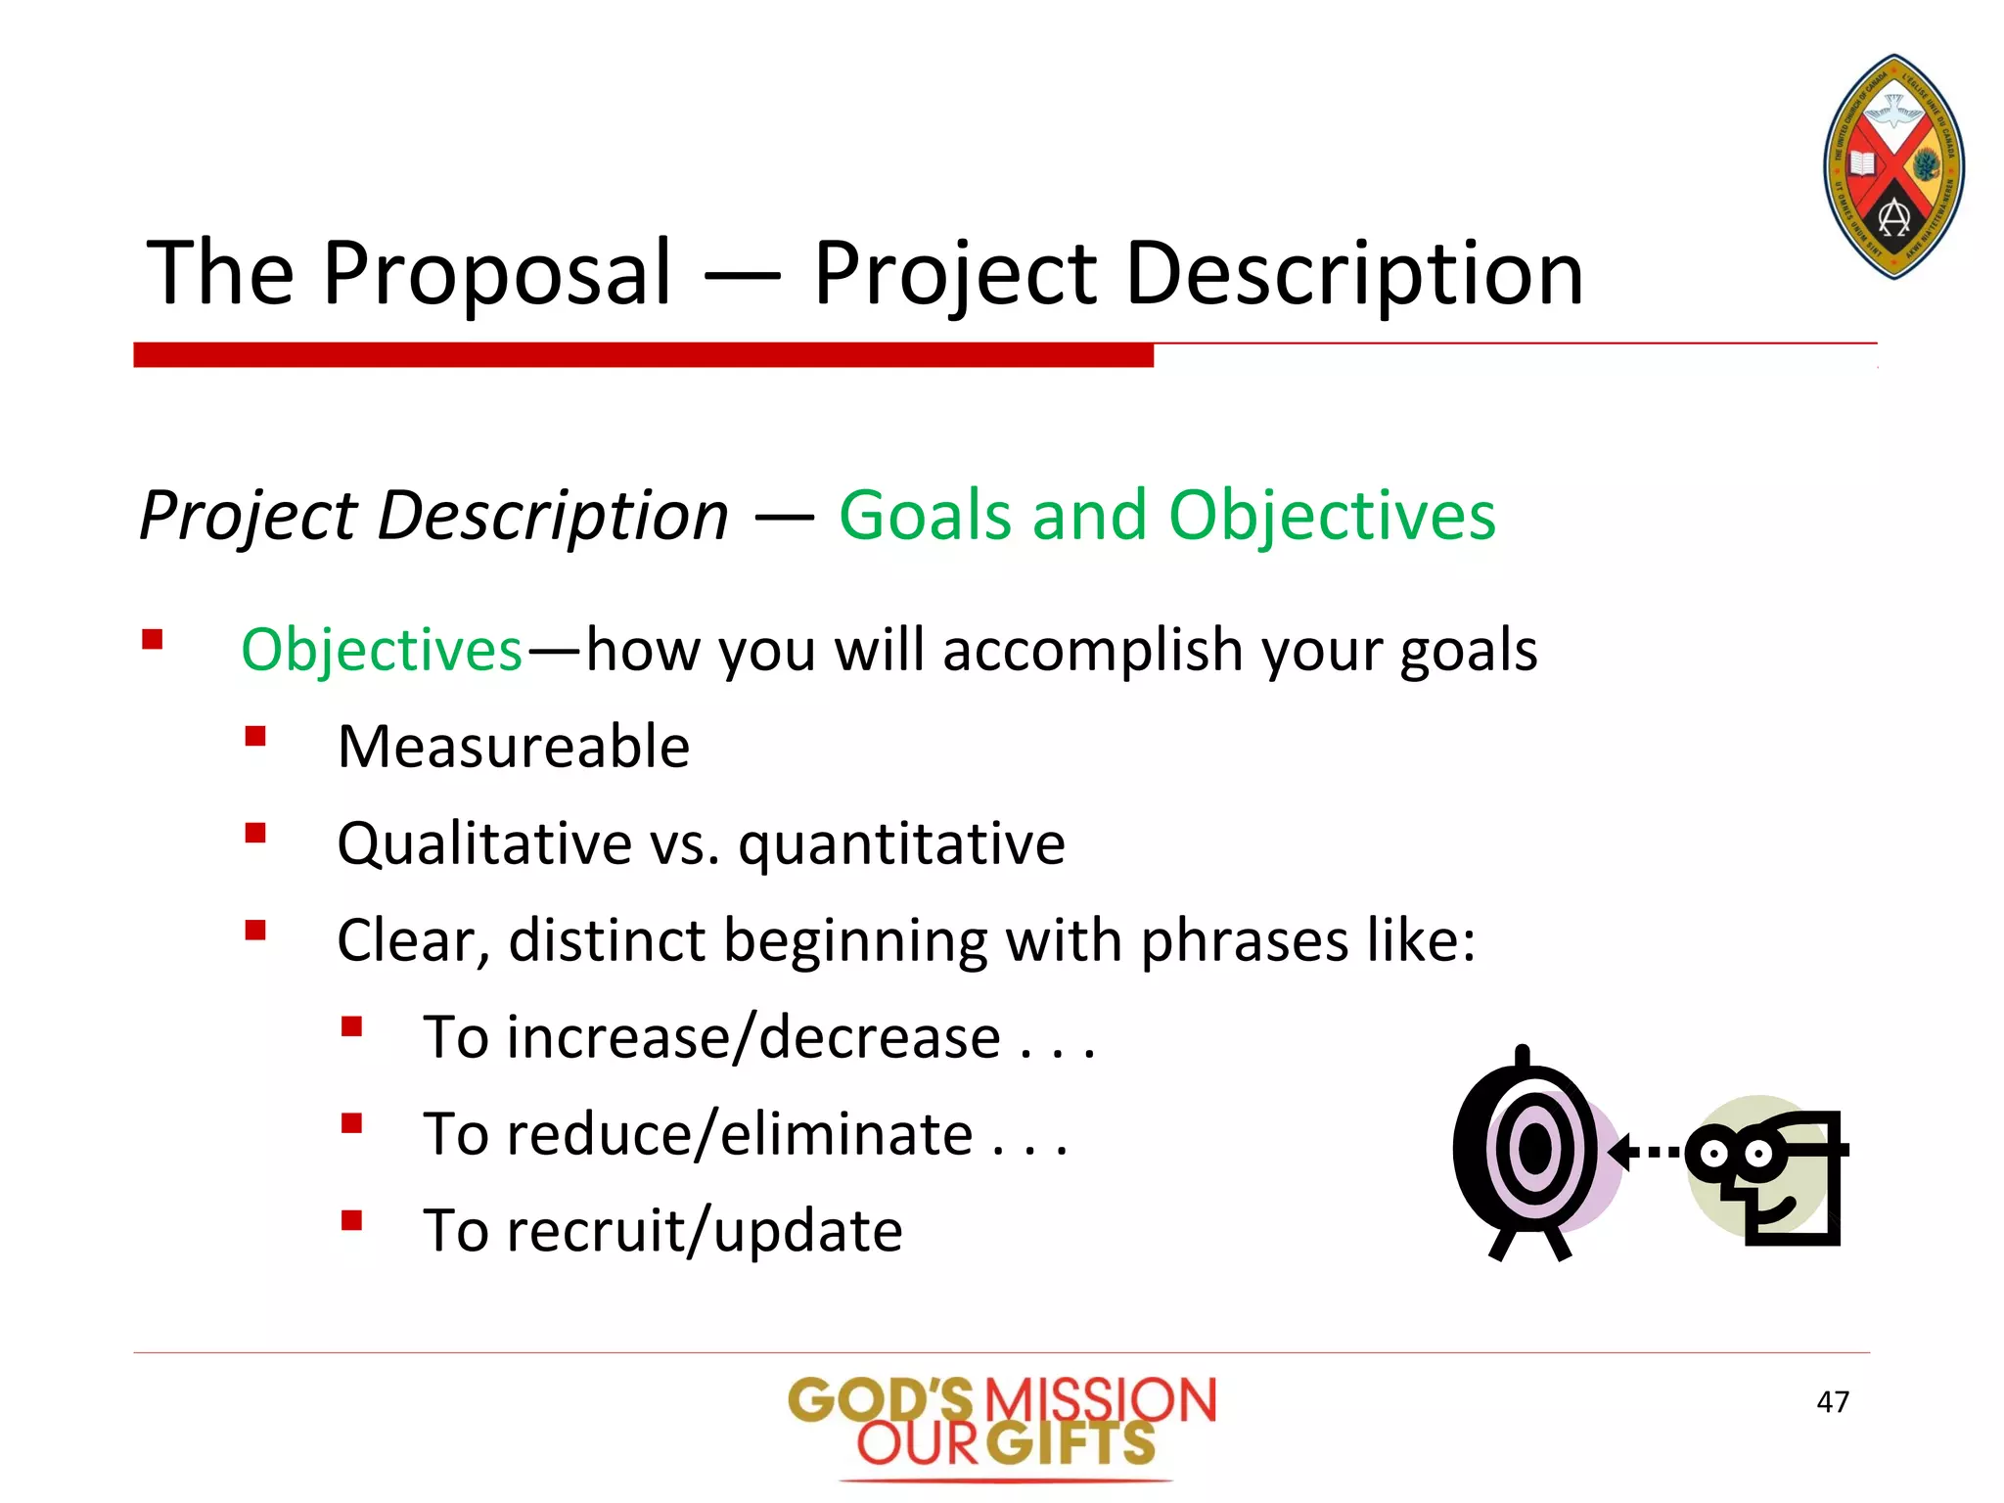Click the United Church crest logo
click(1894, 166)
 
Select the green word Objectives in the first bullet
click(382, 650)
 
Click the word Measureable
click(513, 747)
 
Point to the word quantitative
click(901, 843)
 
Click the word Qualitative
click(484, 843)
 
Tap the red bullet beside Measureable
click(255, 736)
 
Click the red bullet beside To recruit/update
click(352, 1220)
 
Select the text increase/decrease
click(752, 1037)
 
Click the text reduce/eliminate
click(739, 1134)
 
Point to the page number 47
click(1832, 1402)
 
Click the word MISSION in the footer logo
click(1099, 1400)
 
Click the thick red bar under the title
click(643, 354)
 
